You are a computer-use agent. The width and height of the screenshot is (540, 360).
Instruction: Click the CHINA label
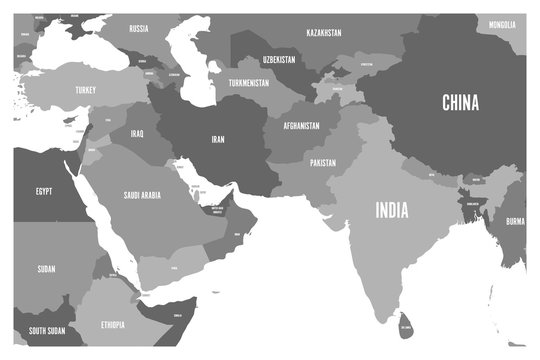[460, 101]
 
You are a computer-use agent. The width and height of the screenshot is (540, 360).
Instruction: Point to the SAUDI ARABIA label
[141, 196]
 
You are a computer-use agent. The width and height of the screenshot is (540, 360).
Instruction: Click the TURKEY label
[85, 90]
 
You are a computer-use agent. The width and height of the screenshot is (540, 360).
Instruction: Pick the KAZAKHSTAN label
[323, 33]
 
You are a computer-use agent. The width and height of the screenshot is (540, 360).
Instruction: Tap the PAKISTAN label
[322, 162]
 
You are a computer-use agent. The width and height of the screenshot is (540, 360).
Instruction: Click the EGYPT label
[44, 191]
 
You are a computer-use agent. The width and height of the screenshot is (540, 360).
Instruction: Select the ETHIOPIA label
[112, 326]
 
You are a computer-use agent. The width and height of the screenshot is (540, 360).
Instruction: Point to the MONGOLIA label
[503, 24]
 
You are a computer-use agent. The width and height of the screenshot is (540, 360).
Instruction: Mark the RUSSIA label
[139, 29]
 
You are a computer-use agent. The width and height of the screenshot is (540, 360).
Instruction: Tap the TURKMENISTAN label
[248, 83]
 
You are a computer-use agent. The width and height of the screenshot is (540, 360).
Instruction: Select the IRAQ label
[138, 133]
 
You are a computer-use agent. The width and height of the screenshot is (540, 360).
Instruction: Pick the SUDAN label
[46, 269]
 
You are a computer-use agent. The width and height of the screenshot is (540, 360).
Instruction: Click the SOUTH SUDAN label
[46, 330]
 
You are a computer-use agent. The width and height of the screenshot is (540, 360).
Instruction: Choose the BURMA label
[514, 221]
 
